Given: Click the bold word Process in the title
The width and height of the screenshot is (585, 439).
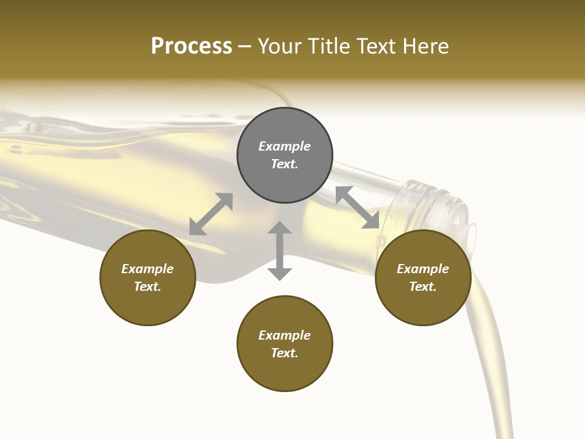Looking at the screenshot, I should tap(191, 46).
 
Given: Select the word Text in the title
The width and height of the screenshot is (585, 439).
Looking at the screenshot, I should tap(377, 46).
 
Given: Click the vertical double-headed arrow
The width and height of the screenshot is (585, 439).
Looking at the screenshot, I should tap(280, 251).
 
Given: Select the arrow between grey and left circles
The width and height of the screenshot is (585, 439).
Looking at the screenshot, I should tap(211, 214).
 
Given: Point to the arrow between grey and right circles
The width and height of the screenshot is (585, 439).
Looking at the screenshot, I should tap(358, 207).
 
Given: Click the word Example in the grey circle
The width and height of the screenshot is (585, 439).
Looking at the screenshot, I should tap(285, 146).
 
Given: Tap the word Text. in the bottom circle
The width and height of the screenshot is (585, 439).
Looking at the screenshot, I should tap(285, 353).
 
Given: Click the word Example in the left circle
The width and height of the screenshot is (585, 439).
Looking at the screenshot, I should tap(147, 269).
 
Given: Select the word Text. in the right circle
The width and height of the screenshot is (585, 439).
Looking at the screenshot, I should tap(423, 287).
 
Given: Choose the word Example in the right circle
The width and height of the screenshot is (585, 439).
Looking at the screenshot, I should tap(423, 269).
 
